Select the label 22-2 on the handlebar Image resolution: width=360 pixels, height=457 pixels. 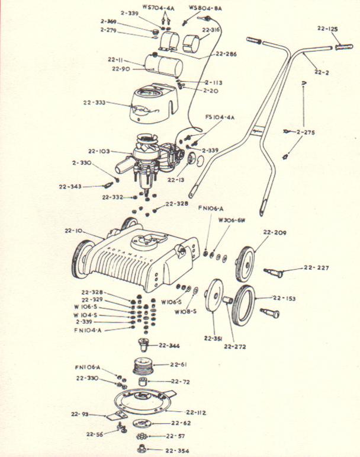[322, 72]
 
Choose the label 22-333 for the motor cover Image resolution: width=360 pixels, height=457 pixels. [95, 103]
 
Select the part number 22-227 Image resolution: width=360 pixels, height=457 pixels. [317, 268]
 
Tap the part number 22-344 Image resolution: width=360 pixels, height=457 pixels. [170, 345]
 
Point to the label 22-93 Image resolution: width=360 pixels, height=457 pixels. [80, 413]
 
